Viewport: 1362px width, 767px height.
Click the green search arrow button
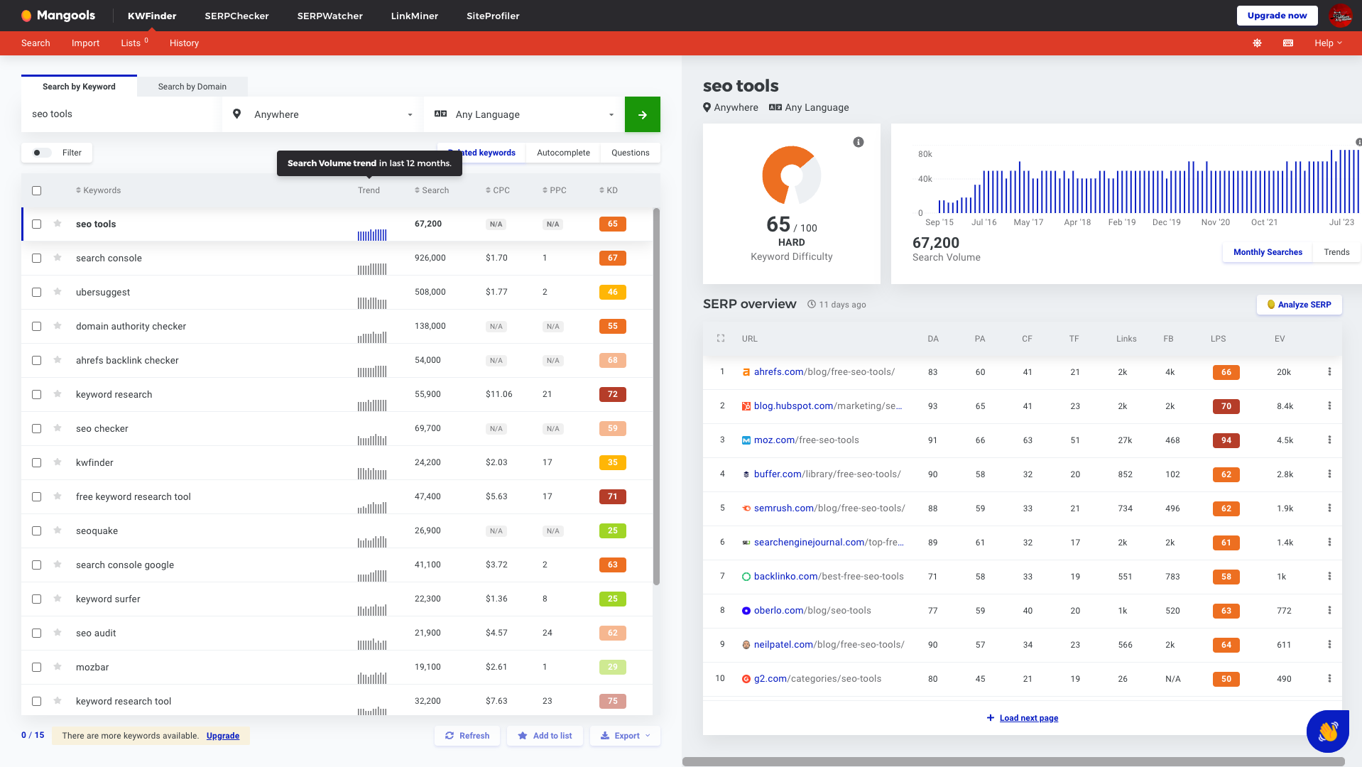642,114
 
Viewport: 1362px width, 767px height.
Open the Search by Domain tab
192,87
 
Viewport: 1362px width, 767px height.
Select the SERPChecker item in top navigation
236,16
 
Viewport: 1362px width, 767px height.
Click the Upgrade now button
1276,16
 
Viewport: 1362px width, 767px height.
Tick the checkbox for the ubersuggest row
36,292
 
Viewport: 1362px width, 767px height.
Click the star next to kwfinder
58,462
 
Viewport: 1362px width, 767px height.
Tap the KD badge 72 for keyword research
612,394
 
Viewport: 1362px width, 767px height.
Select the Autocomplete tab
562,153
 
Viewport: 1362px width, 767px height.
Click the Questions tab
630,153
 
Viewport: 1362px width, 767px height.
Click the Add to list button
545,736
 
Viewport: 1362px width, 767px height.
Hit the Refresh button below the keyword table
467,736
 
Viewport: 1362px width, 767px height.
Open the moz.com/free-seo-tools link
806,440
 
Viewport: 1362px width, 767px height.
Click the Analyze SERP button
1299,305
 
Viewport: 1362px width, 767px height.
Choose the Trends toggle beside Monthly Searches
1336,252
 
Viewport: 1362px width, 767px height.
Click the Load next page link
1028,718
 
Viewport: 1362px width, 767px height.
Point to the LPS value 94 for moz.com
1226,440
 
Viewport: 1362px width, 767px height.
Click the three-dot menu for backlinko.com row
1329,576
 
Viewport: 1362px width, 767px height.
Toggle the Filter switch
42,153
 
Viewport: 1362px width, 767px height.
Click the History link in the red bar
184,43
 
